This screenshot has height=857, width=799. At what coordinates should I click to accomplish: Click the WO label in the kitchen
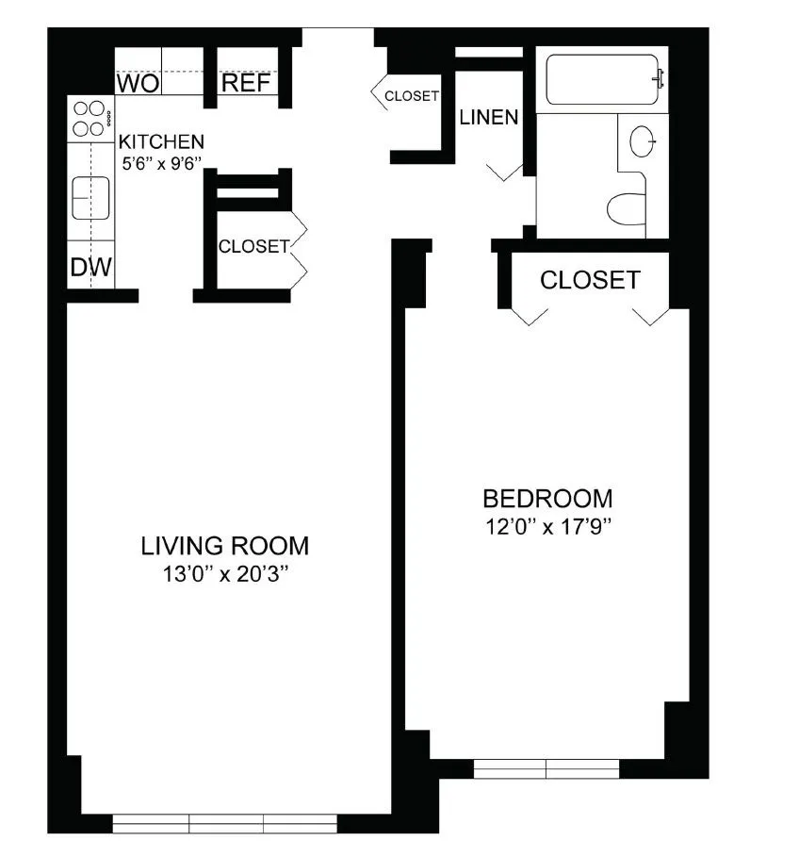click(137, 84)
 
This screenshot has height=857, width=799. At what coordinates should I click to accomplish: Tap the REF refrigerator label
click(246, 84)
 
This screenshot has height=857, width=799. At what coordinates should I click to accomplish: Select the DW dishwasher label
click(90, 269)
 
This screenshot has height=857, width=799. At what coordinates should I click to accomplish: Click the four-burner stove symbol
click(90, 119)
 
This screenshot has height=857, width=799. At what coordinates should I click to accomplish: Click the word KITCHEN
click(160, 142)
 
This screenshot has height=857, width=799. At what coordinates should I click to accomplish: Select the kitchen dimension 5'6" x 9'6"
click(160, 161)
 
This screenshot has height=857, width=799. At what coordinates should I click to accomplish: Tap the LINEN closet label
click(488, 118)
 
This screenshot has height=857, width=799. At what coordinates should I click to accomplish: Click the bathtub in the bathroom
click(602, 79)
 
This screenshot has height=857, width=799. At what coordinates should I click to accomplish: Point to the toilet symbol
click(627, 208)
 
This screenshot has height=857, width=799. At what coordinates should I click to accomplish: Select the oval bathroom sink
click(643, 141)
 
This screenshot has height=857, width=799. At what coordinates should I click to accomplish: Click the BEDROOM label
click(547, 498)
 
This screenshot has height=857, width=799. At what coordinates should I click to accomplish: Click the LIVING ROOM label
click(224, 546)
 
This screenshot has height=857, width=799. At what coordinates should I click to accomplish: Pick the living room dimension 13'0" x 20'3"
click(224, 572)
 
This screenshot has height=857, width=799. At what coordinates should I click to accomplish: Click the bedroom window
click(546, 768)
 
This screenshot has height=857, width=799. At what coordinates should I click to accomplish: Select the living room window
click(224, 823)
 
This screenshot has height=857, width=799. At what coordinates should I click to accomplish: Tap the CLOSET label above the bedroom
click(590, 280)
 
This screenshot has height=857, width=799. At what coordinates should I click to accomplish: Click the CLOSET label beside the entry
click(412, 96)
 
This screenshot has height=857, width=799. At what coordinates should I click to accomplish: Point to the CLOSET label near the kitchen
click(253, 247)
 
